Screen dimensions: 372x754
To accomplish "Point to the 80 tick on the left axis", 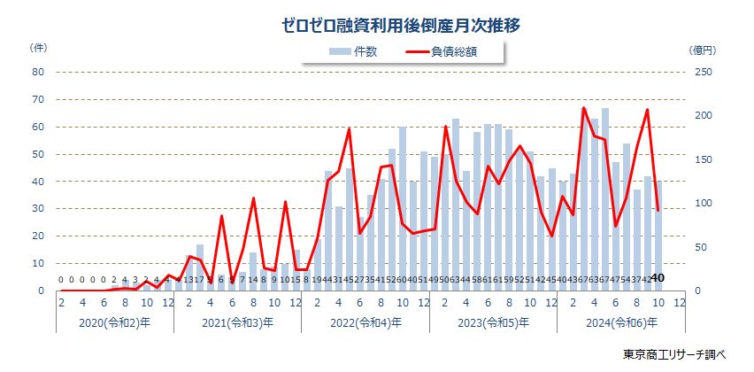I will (38, 73).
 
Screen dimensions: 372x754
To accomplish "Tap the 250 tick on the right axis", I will (697, 73).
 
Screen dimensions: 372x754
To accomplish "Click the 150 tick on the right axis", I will (697, 159).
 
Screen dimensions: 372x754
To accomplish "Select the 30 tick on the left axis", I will (38, 209).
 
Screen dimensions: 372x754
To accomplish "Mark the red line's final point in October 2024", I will (658, 210).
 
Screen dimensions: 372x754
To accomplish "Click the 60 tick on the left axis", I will (38, 127).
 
